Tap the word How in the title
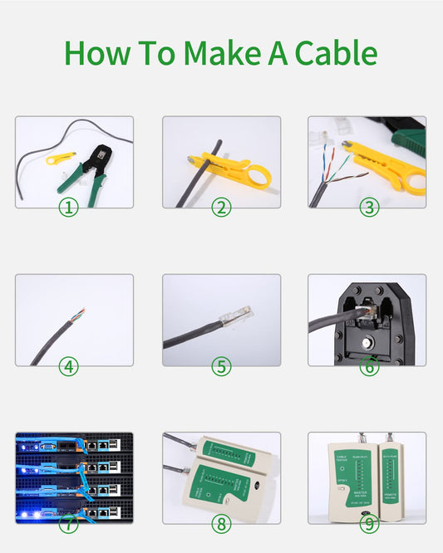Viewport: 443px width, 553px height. pos(98,53)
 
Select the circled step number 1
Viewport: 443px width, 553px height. pos(68,207)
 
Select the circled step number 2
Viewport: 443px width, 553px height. pos(221,207)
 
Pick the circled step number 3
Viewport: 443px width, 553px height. pos(369,207)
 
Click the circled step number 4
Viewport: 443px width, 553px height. pos(68,365)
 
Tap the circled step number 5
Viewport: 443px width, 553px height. pos(221,365)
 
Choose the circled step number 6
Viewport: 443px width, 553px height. pos(369,365)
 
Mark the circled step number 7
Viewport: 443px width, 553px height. pos(68,524)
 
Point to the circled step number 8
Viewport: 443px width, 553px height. pos(221,524)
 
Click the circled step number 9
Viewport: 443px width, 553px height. pos(369,524)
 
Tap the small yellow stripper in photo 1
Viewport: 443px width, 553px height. pos(58,157)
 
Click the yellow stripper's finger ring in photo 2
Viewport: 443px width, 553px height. pos(258,175)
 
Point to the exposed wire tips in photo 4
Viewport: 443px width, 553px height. pos(79,314)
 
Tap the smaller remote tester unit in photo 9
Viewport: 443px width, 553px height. pos(391,480)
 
